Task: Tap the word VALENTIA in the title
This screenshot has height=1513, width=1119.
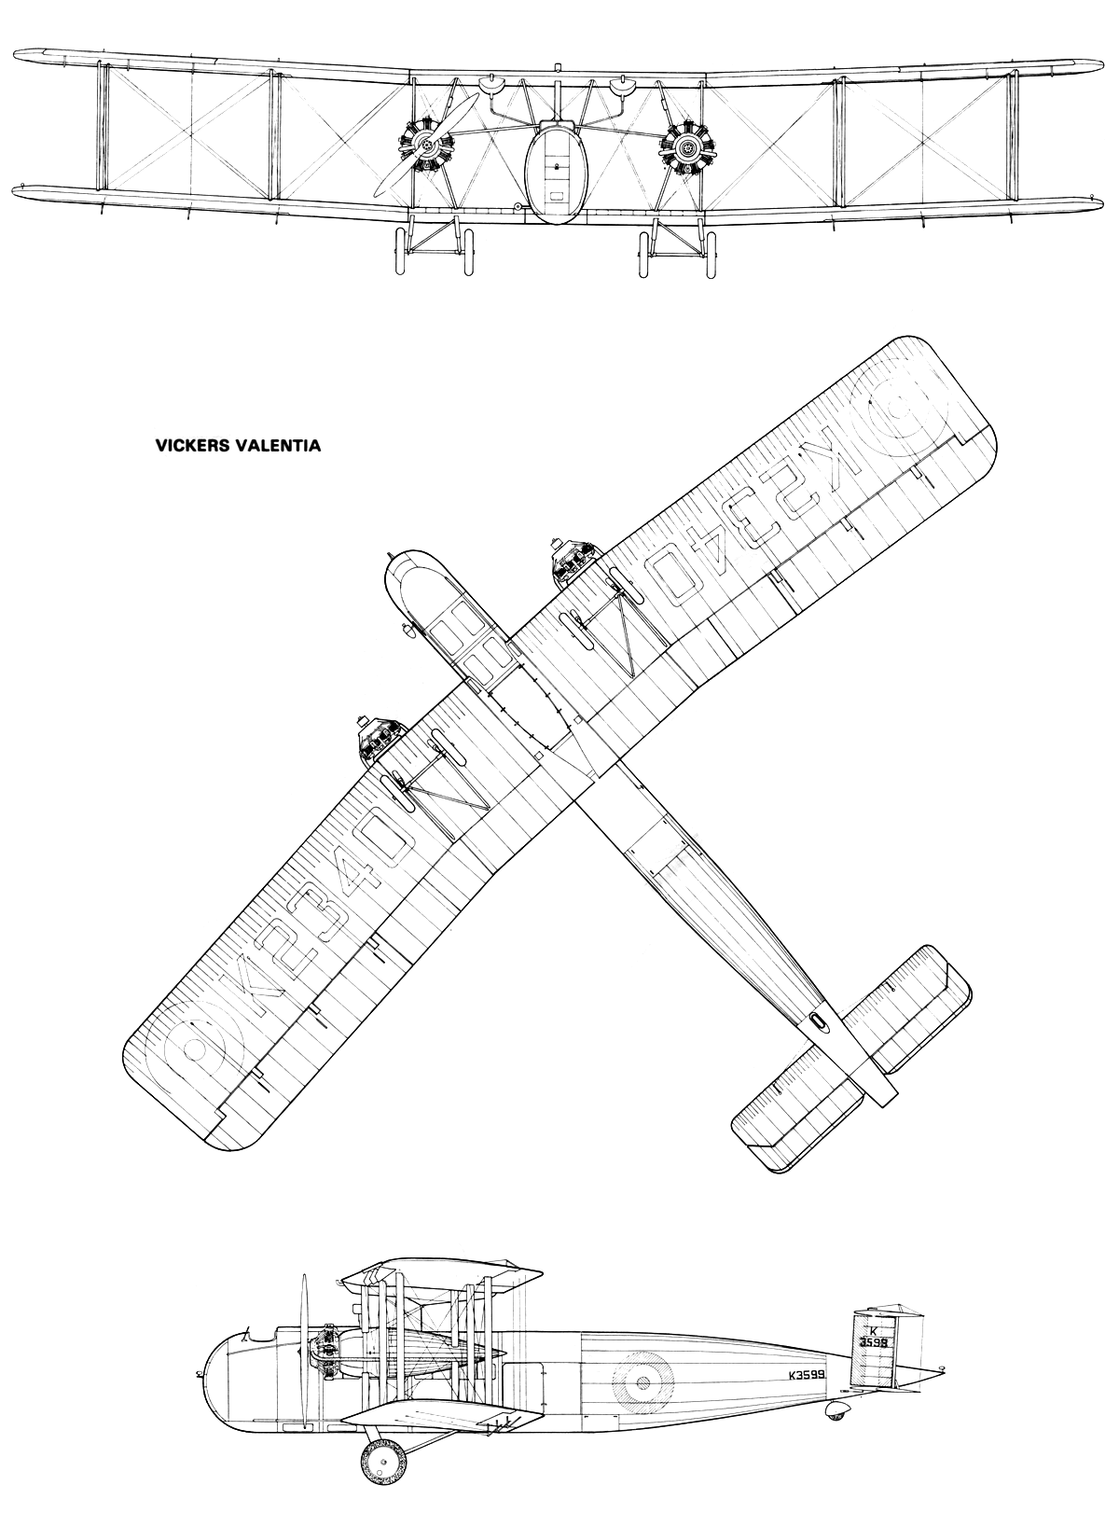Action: point(279,446)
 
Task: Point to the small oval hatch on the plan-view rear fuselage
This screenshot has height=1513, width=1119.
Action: point(818,1020)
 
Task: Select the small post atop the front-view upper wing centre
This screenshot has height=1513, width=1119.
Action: point(557,67)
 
